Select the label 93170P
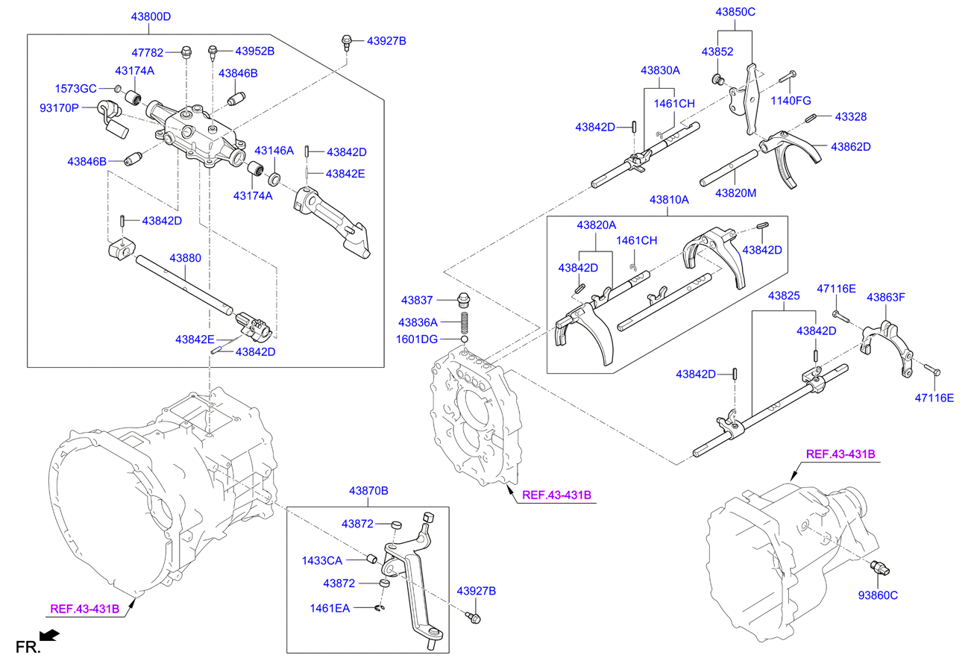click(x=58, y=108)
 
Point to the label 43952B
click(x=254, y=51)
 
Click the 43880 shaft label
click(x=185, y=258)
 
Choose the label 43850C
click(x=735, y=13)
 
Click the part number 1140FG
click(x=791, y=101)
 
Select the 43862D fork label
click(x=850, y=147)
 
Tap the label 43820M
click(x=735, y=193)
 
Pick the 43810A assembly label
click(x=668, y=201)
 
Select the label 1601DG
click(x=417, y=339)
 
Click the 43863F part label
click(x=885, y=297)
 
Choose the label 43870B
click(x=368, y=491)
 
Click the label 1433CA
click(x=321, y=560)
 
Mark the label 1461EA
click(x=329, y=608)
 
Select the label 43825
click(x=785, y=296)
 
